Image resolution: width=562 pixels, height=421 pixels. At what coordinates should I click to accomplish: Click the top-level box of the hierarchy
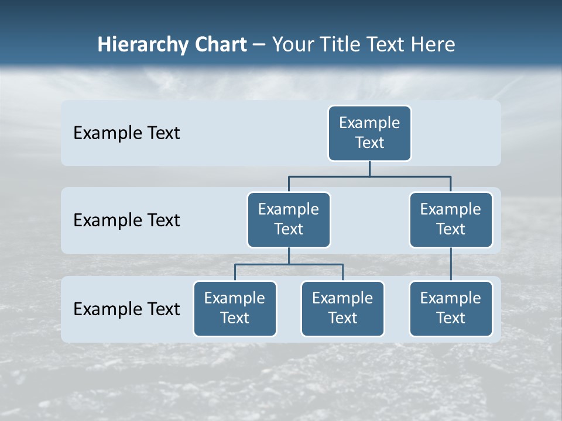click(369, 133)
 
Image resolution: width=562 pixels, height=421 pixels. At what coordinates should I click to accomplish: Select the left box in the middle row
click(289, 220)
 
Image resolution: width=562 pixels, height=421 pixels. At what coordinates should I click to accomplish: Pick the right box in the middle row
click(451, 220)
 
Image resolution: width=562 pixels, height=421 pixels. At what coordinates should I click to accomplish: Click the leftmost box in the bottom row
click(235, 309)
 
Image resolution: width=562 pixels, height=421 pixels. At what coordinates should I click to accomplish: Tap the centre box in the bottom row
click(342, 309)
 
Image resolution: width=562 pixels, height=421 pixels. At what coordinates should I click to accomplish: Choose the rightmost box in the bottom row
click(451, 309)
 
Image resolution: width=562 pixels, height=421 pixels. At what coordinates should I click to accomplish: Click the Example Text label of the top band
click(126, 133)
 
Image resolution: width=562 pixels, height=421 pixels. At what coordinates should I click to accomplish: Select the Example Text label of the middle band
click(126, 220)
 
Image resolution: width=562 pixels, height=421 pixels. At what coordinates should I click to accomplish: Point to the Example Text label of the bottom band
click(126, 309)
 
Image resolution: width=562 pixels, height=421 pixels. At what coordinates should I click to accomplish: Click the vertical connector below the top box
click(369, 168)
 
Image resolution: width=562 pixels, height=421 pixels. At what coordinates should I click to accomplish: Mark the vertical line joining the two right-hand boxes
click(451, 264)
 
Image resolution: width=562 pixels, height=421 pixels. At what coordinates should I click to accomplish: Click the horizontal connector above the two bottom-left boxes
click(289, 264)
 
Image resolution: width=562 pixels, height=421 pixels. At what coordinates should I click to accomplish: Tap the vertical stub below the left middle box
click(289, 256)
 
